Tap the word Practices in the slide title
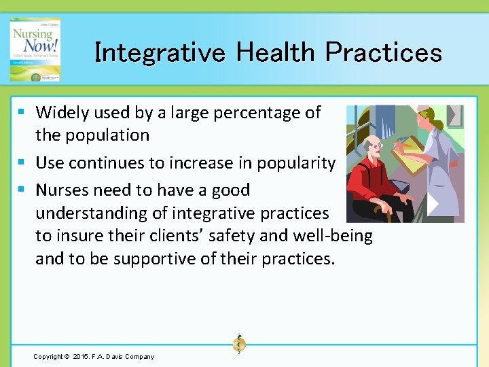(x=384, y=52)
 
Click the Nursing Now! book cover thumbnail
(x=35, y=50)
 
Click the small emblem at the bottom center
(x=238, y=344)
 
